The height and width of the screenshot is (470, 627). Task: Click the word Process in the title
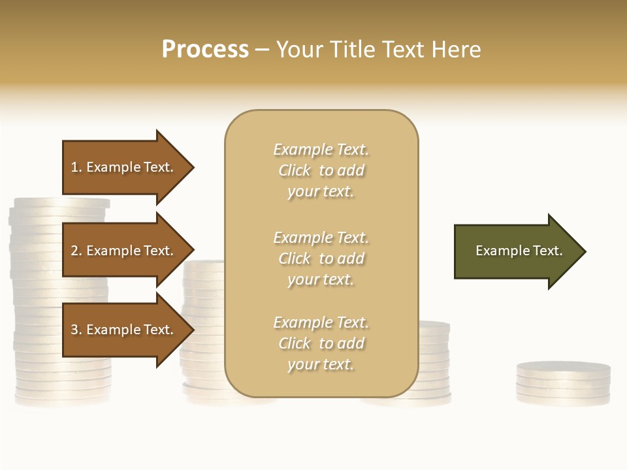click(205, 50)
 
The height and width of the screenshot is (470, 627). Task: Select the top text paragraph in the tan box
click(321, 170)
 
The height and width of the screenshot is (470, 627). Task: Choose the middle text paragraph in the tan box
click(321, 258)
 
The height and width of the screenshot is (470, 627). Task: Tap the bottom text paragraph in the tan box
click(321, 343)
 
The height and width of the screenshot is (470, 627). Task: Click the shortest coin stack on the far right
click(563, 385)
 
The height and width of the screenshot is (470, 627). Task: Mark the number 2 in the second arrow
click(74, 251)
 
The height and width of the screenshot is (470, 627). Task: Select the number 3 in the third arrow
click(74, 330)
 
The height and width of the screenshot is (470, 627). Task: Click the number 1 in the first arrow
click(74, 167)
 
